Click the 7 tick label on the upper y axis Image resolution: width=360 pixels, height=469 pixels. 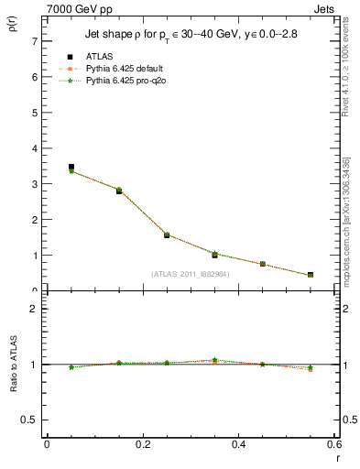tap(34, 42)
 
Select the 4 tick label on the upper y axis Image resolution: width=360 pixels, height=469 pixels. tap(34, 148)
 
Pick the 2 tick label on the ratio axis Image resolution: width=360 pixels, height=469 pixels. tap(34, 309)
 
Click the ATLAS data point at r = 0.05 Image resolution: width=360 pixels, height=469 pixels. tap(71, 168)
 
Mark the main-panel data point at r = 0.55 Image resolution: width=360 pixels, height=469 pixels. tap(311, 275)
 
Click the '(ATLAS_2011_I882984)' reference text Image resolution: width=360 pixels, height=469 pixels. tap(191, 273)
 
